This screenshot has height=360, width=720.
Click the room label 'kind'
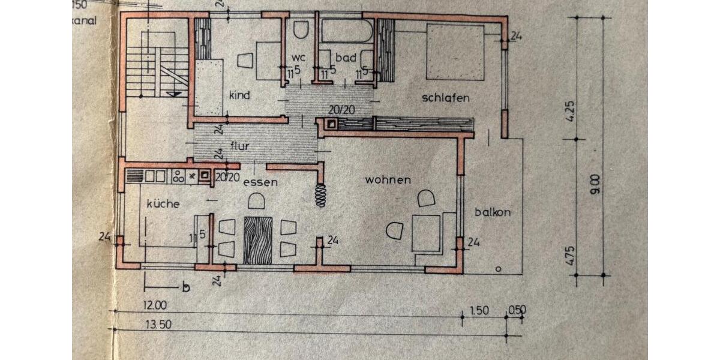coord(239,95)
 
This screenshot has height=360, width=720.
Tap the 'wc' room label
coord(299,57)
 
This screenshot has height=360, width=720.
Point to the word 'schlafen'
coord(445,98)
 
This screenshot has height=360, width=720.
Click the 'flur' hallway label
coord(240,146)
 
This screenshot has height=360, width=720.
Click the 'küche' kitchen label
coord(163,204)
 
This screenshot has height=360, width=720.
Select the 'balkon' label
coord(493,212)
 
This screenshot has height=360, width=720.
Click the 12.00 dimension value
coord(155,305)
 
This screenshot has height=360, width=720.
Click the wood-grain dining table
coord(258,240)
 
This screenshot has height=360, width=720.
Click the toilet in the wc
coord(301,29)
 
